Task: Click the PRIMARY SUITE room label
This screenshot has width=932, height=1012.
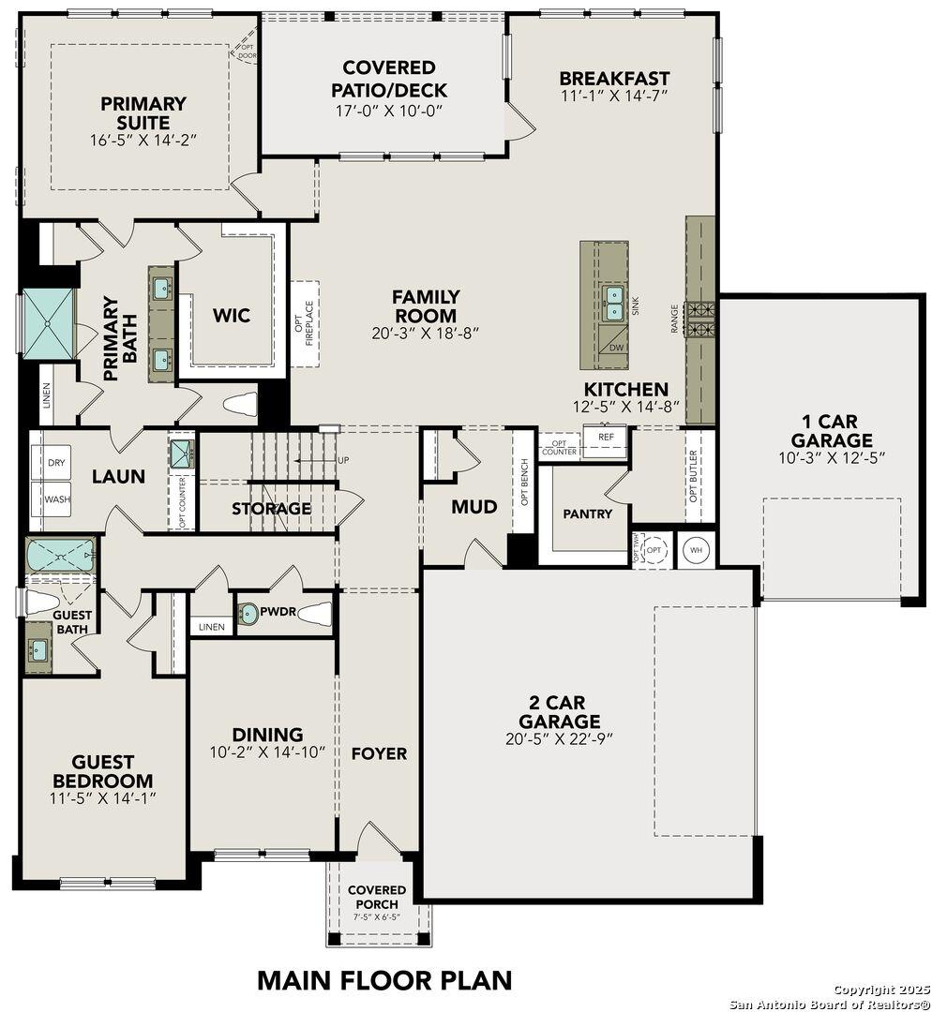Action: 143,112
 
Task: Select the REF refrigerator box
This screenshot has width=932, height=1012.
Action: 606,438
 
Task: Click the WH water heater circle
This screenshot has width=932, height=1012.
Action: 697,549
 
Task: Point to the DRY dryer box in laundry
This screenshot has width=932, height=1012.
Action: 56,463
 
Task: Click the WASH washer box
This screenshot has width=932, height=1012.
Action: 56,499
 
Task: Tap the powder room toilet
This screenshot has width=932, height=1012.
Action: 314,615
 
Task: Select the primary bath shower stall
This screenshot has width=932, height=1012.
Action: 48,323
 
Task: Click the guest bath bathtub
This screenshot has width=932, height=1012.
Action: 60,558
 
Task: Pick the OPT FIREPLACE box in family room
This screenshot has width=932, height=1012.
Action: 305,323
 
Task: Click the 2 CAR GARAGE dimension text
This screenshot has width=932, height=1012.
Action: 560,738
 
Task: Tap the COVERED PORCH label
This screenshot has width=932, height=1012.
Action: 377,896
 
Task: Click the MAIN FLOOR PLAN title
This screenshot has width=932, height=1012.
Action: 384,980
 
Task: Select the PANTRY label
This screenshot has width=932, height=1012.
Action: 587,513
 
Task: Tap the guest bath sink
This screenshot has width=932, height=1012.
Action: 38,649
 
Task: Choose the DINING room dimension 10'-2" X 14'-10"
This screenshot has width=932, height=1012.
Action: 267,752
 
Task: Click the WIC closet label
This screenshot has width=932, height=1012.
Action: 231,316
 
